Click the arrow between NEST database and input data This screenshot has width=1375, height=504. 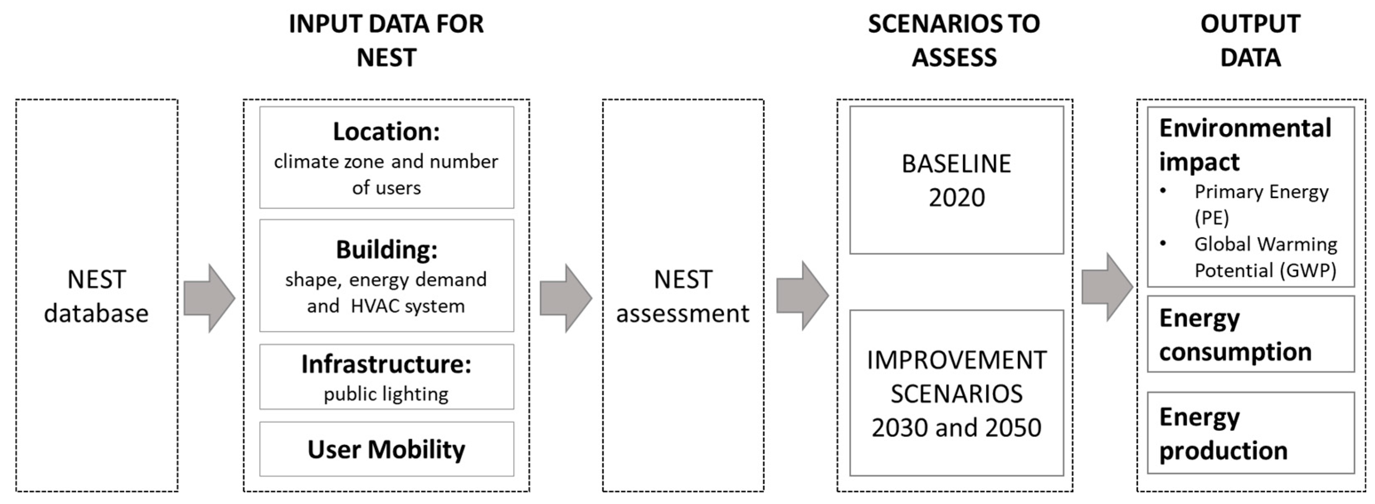(x=209, y=298)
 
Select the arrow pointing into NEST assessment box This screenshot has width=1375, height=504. (x=565, y=298)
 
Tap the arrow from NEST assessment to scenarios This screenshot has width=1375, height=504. (x=802, y=296)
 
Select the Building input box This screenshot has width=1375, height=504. (x=387, y=275)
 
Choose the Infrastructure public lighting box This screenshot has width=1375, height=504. (x=387, y=377)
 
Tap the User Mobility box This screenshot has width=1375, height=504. (x=387, y=449)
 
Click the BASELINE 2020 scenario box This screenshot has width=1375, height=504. (x=956, y=180)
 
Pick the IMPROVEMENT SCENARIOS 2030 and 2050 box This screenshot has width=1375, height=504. (x=956, y=393)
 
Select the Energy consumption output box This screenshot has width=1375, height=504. (x=1250, y=334)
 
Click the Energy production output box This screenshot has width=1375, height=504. (x=1250, y=433)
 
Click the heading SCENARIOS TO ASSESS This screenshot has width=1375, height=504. (x=954, y=40)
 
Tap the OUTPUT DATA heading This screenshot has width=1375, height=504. (x=1250, y=40)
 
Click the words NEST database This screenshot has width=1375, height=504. (x=97, y=296)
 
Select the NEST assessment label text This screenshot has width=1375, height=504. (x=683, y=296)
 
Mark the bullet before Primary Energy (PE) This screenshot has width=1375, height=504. (x=1163, y=191)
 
